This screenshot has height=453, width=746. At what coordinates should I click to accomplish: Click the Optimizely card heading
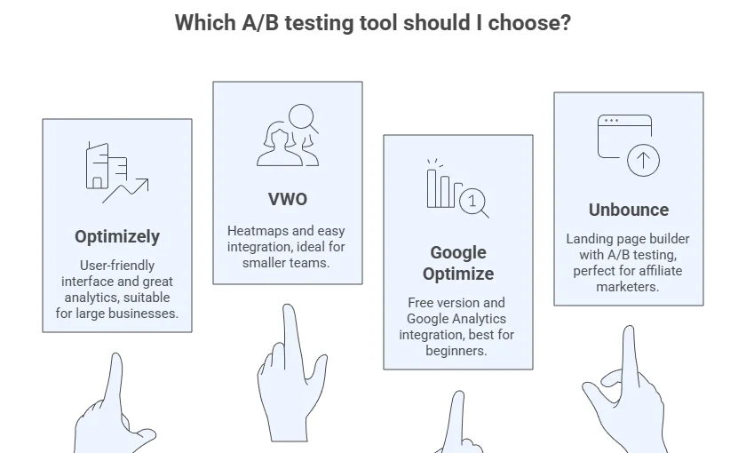click(x=117, y=236)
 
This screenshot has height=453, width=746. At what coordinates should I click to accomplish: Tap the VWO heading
click(x=288, y=199)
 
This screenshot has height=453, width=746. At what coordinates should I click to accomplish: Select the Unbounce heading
click(x=629, y=210)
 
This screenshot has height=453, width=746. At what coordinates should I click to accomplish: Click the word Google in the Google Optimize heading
click(x=458, y=252)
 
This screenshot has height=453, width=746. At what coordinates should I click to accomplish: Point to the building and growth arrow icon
click(x=117, y=172)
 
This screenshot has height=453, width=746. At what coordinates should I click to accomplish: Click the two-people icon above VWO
click(x=288, y=135)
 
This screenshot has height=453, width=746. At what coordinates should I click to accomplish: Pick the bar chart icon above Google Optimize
click(x=457, y=188)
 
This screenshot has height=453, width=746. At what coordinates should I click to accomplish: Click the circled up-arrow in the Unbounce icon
click(x=643, y=161)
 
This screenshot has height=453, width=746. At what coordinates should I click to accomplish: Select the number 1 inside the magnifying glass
click(x=472, y=201)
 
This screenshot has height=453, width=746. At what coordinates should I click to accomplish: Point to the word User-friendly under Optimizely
click(x=117, y=266)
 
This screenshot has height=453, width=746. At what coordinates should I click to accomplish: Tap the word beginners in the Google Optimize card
click(x=456, y=351)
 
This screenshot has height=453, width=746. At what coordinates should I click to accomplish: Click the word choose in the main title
click(x=529, y=23)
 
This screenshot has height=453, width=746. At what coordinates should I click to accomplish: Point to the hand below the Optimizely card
click(x=115, y=404)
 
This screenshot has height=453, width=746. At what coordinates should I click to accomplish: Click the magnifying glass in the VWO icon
click(x=303, y=117)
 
